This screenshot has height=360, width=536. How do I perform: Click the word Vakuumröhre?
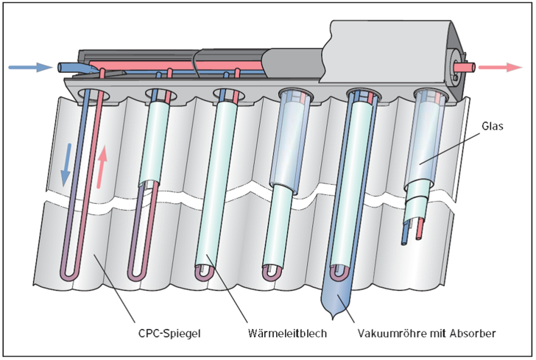pyautogui.click(x=384, y=333)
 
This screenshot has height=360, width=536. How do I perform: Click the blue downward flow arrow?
pyautogui.click(x=66, y=163)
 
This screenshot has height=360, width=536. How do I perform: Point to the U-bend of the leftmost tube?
pyautogui.click(x=70, y=278)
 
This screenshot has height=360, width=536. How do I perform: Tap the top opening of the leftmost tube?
pyautogui.click(x=88, y=95)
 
